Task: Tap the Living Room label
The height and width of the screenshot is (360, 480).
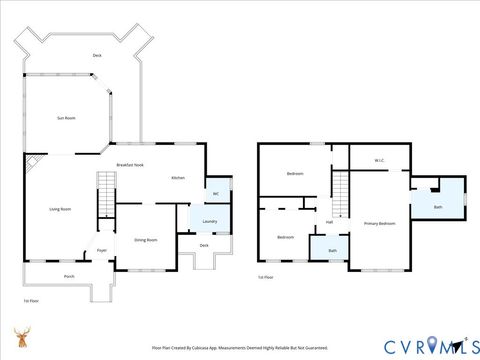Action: (60, 209)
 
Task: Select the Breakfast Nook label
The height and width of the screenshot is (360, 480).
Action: (130, 164)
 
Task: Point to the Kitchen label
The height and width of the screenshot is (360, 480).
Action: (177, 177)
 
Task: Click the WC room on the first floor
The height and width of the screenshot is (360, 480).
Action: (215, 193)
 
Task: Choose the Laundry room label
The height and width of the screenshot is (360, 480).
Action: (209, 221)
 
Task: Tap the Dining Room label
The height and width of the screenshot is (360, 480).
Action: (146, 240)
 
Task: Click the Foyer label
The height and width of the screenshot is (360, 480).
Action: (101, 250)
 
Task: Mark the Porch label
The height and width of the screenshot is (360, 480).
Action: (69, 276)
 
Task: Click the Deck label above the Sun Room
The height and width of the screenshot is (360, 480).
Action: (97, 55)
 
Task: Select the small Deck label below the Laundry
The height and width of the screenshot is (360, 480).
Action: (204, 245)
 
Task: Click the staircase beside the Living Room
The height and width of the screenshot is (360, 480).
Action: (106, 193)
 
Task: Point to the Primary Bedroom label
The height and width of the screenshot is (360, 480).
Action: (380, 223)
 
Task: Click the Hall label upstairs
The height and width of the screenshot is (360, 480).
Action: (329, 223)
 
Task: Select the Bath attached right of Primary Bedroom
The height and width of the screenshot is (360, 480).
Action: (438, 207)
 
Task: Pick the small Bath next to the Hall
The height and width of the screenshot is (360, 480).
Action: (332, 250)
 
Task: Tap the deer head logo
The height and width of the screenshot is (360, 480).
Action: (21, 336)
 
